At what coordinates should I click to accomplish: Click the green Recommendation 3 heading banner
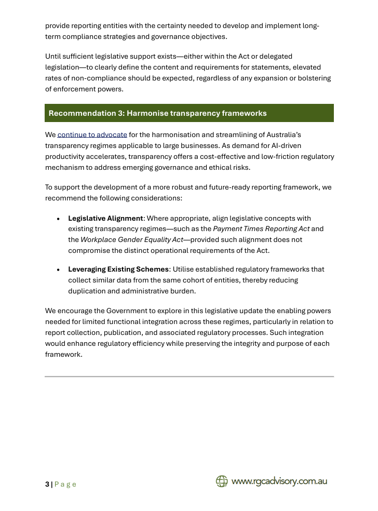[189, 113]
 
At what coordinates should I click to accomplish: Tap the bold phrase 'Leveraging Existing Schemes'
[118, 269]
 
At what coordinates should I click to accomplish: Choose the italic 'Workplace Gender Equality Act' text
[132, 239]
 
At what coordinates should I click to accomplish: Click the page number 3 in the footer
[47, 484]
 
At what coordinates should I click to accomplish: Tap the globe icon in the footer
[222, 481]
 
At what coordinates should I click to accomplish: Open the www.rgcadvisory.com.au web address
[279, 481]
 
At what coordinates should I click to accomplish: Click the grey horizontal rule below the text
[189, 376]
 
